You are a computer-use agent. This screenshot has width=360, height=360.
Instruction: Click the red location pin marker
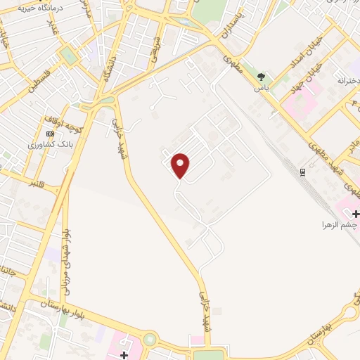coord(181,165)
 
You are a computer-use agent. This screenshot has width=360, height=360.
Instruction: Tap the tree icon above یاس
coord(262,77)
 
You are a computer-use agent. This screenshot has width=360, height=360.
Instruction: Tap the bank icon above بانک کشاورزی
coord(50,133)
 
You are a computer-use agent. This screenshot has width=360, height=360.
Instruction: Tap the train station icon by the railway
coord(303,172)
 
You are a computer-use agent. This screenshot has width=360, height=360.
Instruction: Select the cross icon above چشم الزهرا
coord(356,213)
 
